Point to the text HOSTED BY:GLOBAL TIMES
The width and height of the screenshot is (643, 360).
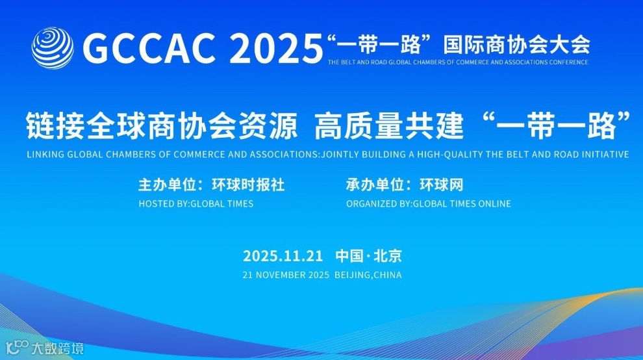pos(196,203)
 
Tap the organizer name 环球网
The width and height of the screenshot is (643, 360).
pos(441,185)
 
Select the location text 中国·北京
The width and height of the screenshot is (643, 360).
pos(368,255)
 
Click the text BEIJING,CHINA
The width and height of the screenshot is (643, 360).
pos(368,275)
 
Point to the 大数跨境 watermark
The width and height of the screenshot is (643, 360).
pos(58,349)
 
